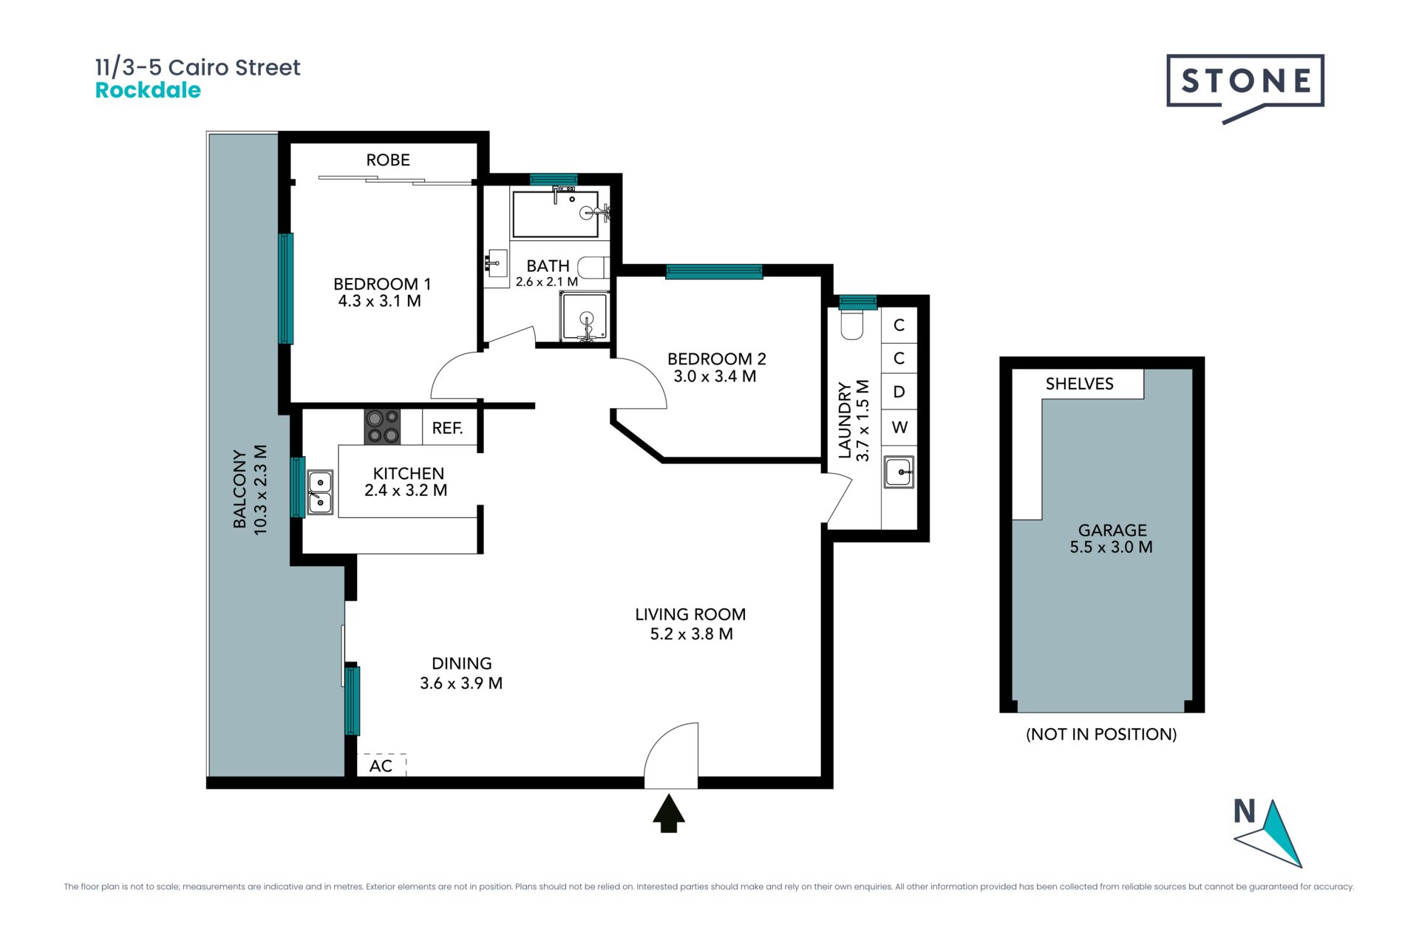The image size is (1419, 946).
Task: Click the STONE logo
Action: tap(1245, 87)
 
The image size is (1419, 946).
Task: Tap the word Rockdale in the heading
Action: tap(148, 90)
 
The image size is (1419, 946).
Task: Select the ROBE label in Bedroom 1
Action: tap(388, 160)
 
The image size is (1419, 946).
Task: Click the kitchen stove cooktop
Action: tap(382, 426)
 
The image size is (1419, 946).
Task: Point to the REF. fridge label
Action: tap(447, 428)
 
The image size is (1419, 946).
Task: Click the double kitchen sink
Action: tap(320, 491)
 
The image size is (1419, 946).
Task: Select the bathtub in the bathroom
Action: tap(555, 214)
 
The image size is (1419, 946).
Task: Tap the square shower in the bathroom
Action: tap(585, 316)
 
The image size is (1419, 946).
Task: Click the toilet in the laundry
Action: tap(852, 323)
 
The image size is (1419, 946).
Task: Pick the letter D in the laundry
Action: tap(899, 392)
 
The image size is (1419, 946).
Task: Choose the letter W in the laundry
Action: tap(899, 427)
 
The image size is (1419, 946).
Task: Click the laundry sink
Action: tap(899, 472)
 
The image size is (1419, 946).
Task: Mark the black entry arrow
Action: tap(669, 813)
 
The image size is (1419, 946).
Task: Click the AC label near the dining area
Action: tap(381, 766)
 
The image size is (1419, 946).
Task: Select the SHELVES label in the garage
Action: tap(1079, 384)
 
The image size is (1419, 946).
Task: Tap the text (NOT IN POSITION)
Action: tap(1101, 734)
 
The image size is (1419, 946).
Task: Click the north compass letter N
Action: tap(1245, 811)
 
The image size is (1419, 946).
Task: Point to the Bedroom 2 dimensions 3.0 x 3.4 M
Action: tap(715, 376)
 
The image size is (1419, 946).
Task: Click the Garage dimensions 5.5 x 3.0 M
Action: tap(1111, 547)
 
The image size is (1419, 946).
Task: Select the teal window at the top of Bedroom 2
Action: tap(714, 271)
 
